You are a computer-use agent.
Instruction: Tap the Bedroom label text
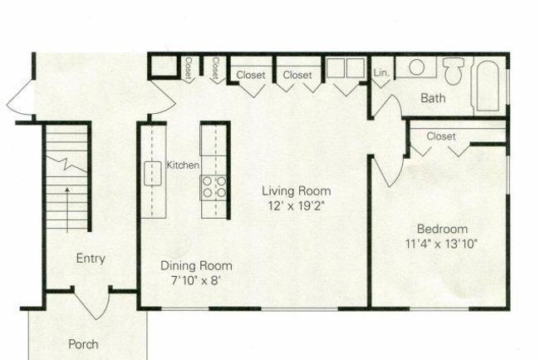tap(442, 229)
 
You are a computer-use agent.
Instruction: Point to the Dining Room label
tap(196, 266)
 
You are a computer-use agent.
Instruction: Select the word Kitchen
tap(183, 165)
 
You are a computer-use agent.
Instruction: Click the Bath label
tap(433, 98)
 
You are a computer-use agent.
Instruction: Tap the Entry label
tap(91, 259)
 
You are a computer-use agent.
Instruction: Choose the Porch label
tap(83, 343)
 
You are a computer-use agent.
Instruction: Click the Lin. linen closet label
tap(381, 72)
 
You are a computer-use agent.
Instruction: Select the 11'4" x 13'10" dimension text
tap(442, 244)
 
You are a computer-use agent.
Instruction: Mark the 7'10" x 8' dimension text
tap(196, 281)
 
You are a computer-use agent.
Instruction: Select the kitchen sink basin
tap(153, 173)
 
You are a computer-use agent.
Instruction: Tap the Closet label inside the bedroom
tap(441, 136)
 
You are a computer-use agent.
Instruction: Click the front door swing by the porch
tap(91, 303)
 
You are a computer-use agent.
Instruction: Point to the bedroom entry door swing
tap(384, 170)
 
